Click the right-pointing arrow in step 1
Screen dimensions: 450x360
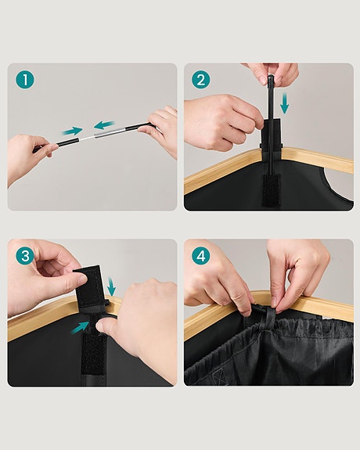coord(73,131)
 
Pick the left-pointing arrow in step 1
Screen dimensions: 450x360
coord(103,124)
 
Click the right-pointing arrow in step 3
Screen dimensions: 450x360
coord(81,328)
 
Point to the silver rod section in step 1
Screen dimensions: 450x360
coord(103,134)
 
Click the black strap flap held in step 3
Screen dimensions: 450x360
coord(92,286)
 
